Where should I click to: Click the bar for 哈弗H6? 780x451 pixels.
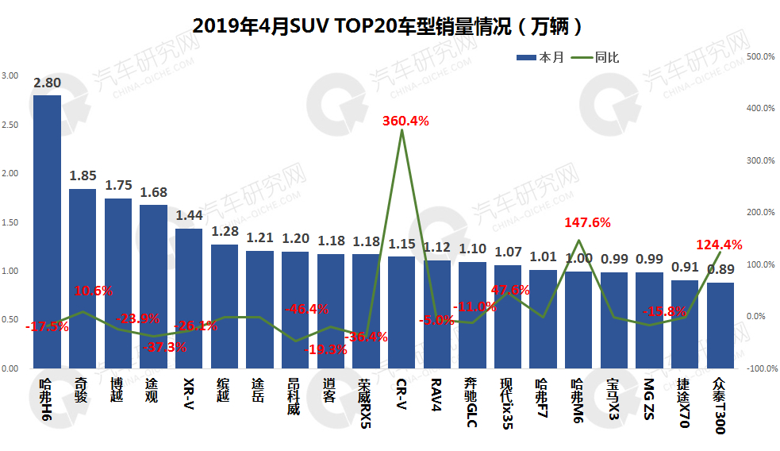pos(47,230)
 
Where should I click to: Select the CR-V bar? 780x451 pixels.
pos(402,311)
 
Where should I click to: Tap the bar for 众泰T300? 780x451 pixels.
pos(720,326)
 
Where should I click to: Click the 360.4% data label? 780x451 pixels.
pos(405,121)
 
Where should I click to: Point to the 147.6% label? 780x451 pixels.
pos(587,223)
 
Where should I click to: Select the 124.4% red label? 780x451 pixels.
pos(719,244)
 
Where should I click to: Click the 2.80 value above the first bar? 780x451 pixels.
pos(47,83)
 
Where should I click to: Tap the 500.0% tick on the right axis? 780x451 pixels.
pos(762,56)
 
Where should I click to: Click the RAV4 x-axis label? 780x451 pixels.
pos(436,394)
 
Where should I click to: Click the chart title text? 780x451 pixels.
pos(389,26)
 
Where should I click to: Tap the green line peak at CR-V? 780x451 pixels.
pos(402,130)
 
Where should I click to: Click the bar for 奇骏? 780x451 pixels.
pos(83,278)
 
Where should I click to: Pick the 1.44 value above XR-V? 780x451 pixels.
pos(189,214)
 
